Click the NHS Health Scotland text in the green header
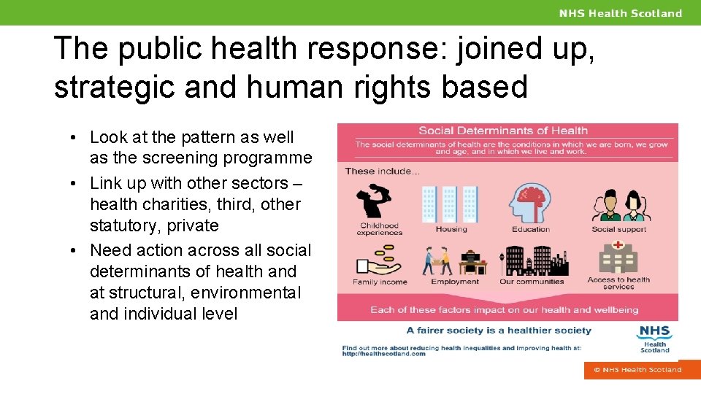coord(621,13)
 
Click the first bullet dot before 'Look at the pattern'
coord(75,137)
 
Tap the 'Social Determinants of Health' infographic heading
coord(502,131)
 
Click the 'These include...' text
coord(382,171)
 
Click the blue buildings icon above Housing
coord(450,204)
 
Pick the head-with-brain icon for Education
coord(530,203)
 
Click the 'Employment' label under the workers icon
coord(455,282)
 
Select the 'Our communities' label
coord(532,282)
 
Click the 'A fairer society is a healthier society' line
coord(499,331)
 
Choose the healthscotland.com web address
coord(384,354)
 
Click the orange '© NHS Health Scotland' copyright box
coord(637,370)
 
